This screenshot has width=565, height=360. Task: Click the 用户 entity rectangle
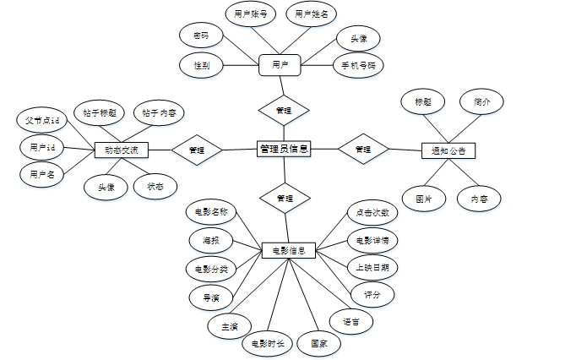[280, 65]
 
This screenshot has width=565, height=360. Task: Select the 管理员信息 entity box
[284, 149]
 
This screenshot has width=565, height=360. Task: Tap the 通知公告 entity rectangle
[448, 150]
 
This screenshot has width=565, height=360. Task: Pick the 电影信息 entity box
[289, 250]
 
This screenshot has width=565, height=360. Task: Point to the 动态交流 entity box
[121, 150]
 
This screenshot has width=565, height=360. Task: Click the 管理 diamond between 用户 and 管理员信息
[284, 109]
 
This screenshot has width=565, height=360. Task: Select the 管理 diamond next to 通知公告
[363, 150]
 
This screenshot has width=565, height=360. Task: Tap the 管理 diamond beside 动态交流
[197, 150]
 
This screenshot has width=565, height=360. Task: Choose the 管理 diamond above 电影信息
[285, 199]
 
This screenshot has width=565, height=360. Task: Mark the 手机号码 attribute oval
[358, 65]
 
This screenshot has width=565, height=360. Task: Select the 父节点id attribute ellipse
[41, 121]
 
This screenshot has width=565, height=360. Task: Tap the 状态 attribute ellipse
[155, 186]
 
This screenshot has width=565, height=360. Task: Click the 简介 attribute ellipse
[482, 101]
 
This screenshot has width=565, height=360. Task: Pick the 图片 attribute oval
[425, 199]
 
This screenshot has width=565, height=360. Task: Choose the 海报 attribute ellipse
[210, 241]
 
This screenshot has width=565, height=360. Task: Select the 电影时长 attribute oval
[267, 344]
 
